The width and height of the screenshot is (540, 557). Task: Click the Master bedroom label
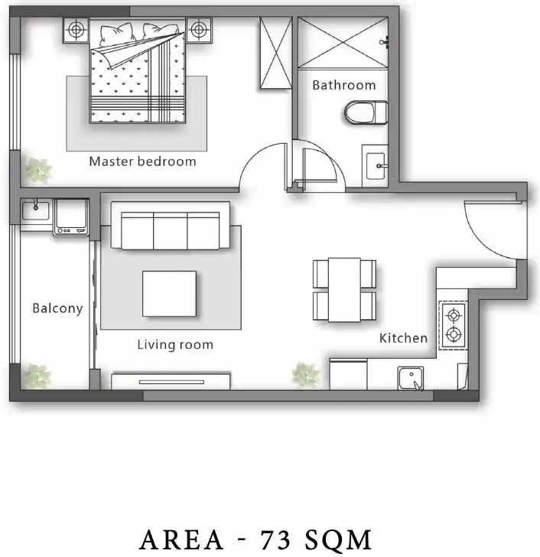point(142,161)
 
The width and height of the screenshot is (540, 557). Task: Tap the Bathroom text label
point(344,85)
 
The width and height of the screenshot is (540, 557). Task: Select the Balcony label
point(57,308)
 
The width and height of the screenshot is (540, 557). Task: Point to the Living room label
point(175,344)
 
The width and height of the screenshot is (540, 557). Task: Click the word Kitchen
point(403,338)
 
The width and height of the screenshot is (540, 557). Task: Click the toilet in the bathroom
point(366,112)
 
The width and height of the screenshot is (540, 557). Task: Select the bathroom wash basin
point(376,166)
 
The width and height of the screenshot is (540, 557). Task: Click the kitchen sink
point(411,378)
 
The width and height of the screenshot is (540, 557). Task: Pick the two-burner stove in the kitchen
point(454,325)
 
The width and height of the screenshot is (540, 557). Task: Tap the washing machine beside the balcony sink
point(71,217)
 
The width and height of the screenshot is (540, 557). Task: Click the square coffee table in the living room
point(169,294)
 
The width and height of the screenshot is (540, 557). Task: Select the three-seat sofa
point(171,226)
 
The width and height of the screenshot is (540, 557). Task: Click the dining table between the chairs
point(344,290)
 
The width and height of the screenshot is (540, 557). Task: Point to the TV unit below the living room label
point(171,382)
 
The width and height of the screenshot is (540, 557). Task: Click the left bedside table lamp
point(76,30)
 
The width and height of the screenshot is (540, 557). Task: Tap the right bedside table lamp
point(199,30)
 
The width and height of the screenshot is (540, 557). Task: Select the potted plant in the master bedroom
point(38,171)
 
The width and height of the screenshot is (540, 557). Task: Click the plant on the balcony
point(37,376)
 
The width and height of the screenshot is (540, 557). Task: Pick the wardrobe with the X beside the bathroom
point(276,53)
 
